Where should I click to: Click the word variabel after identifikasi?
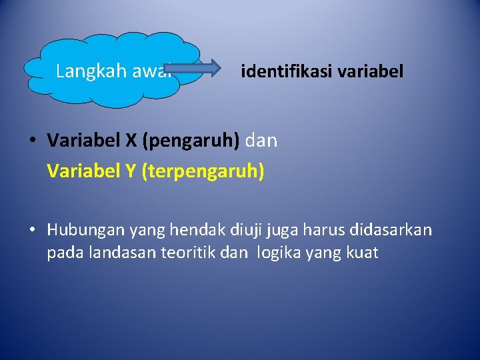pyautogui.click(x=370, y=71)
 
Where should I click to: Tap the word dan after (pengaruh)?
pyautogui.click(x=262, y=141)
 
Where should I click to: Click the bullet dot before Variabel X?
pyautogui.click(x=32, y=141)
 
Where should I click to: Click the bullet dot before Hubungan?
pyautogui.click(x=32, y=231)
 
